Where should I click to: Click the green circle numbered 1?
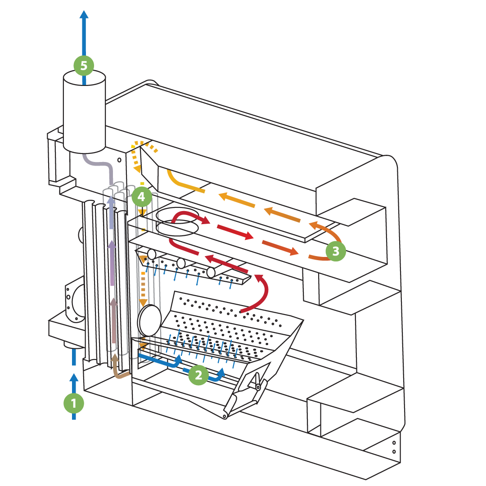74,403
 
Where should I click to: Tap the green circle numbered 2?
198,375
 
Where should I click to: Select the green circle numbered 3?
336,251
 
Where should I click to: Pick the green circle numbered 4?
142,197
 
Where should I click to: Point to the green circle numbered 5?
84,66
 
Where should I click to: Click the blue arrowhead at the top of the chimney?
84,15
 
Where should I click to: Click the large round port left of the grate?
150,320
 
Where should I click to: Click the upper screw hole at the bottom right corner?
394,443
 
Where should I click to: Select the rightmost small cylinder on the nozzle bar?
211,273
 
